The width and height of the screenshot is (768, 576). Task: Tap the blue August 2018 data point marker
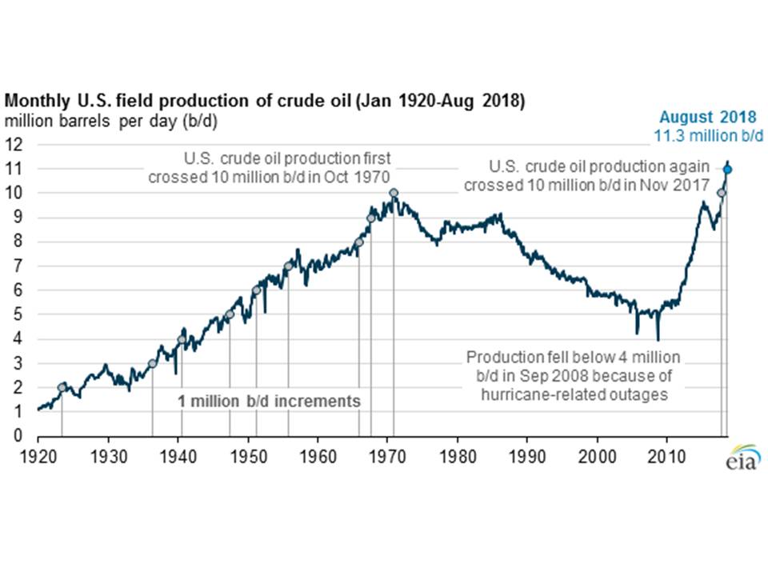point(727,169)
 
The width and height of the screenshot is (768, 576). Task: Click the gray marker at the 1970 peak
point(394,193)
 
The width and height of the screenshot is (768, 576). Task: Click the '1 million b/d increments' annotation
point(269,401)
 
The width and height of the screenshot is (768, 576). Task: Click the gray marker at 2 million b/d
point(62,387)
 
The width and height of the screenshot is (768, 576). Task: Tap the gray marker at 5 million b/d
point(230,314)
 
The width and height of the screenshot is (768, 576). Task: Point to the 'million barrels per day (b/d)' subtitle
point(111,122)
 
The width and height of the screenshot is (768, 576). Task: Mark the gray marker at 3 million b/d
point(152,363)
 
